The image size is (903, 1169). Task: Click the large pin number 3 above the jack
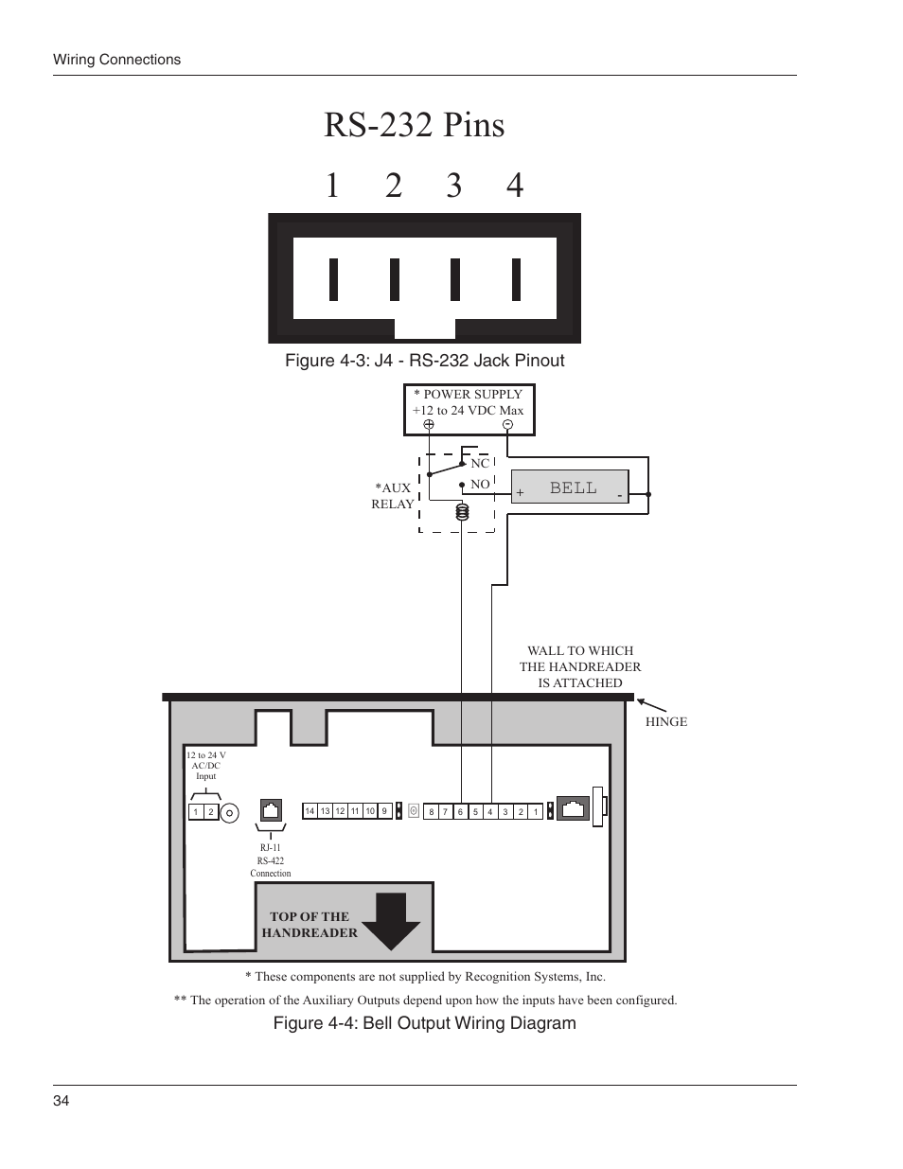(x=454, y=186)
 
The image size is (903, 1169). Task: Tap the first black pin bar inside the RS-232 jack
(x=333, y=278)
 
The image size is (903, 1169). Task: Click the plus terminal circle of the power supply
(x=429, y=425)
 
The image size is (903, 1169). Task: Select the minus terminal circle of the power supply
(x=507, y=425)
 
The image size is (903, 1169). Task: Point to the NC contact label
(x=480, y=464)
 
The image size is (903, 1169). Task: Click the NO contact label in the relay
(x=480, y=485)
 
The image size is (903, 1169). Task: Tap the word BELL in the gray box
(x=574, y=487)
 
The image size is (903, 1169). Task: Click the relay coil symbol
(x=462, y=513)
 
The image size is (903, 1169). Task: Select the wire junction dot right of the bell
(x=648, y=494)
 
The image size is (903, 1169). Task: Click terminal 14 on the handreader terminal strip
(x=310, y=811)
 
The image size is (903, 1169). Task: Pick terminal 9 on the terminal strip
(x=384, y=811)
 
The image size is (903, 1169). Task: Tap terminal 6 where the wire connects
(x=461, y=812)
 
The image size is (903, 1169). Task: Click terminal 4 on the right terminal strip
(x=490, y=812)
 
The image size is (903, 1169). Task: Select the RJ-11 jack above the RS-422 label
(x=271, y=810)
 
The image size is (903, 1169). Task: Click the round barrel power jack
(x=230, y=812)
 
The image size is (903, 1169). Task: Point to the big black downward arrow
(x=391, y=920)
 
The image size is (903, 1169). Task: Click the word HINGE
(x=666, y=722)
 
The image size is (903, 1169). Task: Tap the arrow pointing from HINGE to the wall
(x=652, y=705)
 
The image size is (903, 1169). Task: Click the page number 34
(x=61, y=1101)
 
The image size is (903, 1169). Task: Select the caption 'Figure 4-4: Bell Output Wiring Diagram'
(x=424, y=1023)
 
